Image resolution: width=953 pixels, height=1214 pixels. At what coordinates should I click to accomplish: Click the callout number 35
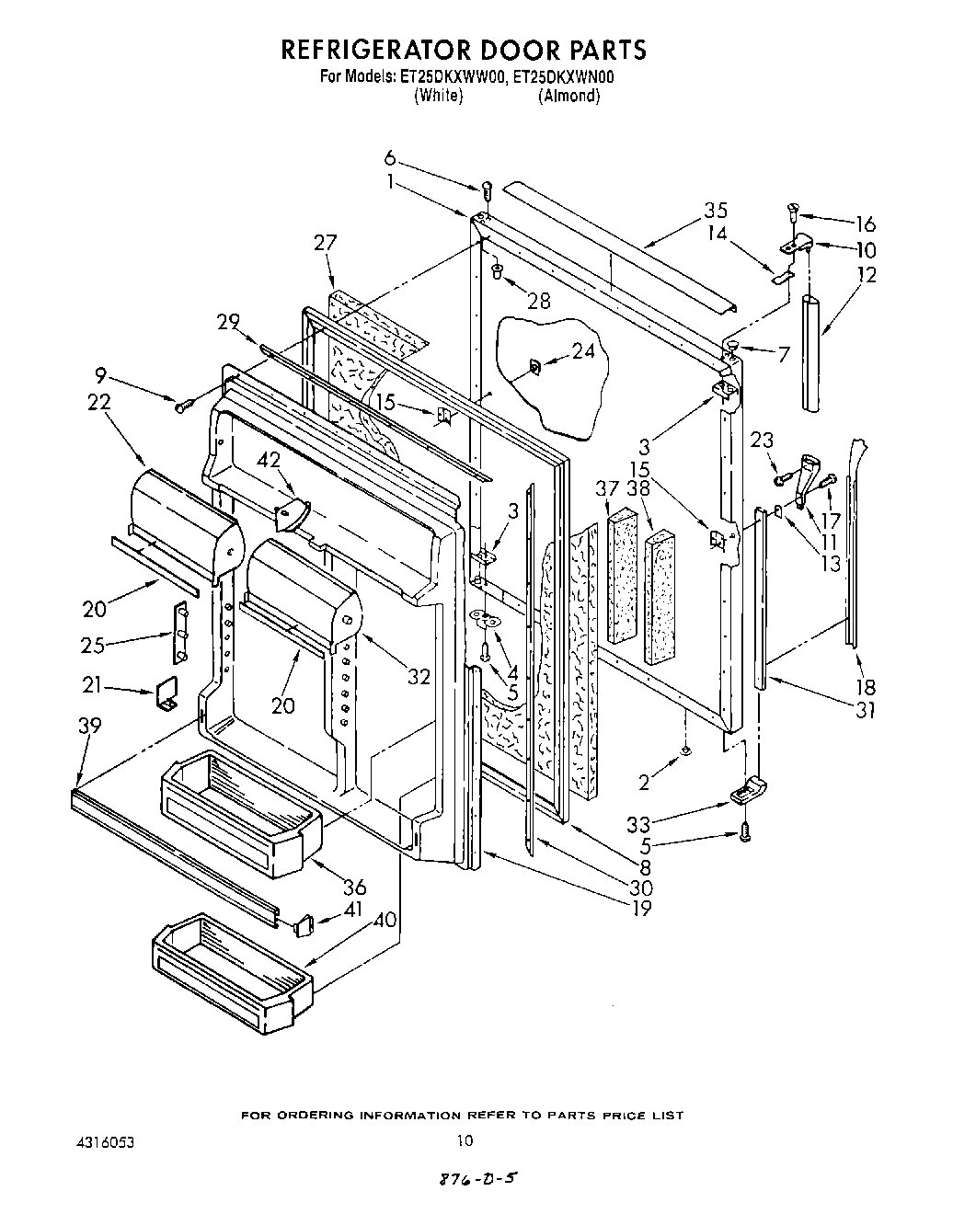[x=716, y=210]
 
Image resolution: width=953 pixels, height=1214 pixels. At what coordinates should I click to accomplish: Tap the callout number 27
[x=326, y=243]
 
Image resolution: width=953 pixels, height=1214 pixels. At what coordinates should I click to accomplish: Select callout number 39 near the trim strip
[x=89, y=726]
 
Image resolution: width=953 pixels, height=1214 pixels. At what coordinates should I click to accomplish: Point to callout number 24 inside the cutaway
[x=582, y=350]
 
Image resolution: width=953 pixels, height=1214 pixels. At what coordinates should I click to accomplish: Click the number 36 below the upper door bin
[x=354, y=887]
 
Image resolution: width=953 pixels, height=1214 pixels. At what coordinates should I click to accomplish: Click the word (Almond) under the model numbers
[x=568, y=96]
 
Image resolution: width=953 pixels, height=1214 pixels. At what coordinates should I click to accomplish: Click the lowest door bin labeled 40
[x=230, y=975]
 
